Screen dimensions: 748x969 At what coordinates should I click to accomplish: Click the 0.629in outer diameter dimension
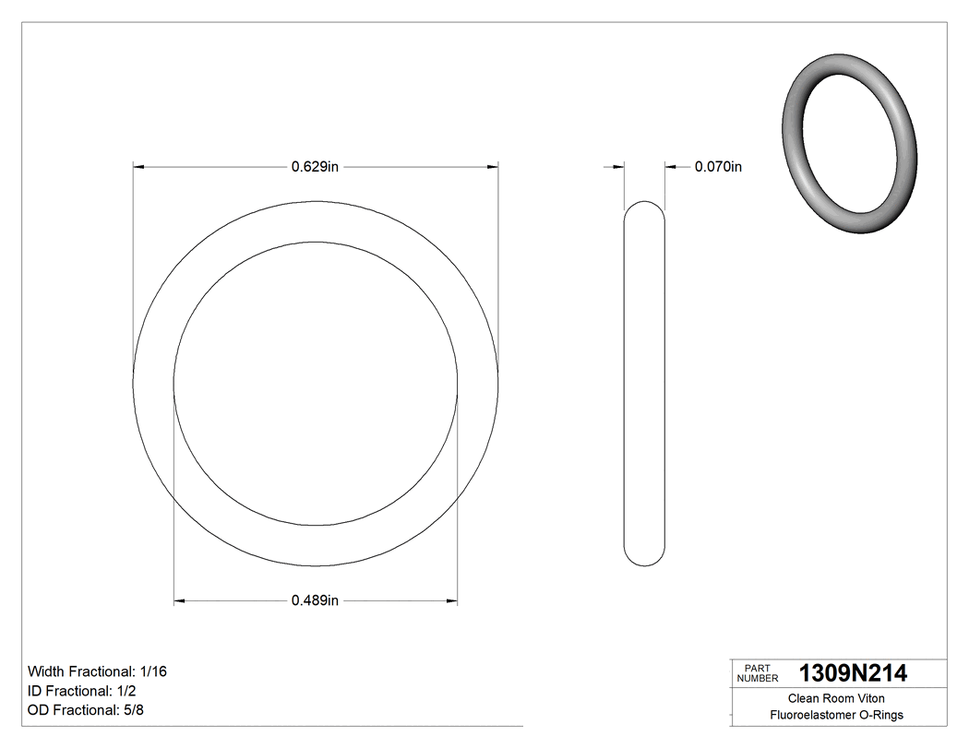[x=316, y=167]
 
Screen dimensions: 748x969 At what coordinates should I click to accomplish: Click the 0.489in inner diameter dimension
[x=316, y=601]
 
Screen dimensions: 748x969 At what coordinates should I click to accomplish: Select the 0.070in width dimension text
[x=718, y=167]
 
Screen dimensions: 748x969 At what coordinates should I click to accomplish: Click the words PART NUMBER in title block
[x=757, y=673]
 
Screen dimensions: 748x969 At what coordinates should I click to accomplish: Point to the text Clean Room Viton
[x=836, y=698]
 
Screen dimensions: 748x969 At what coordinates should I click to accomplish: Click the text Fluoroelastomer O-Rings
[x=836, y=715]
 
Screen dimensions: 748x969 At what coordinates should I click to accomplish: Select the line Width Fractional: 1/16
[x=97, y=671]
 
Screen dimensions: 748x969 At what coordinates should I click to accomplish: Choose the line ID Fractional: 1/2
[x=84, y=691]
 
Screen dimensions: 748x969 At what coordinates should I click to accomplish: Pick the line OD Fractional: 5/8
[x=87, y=710]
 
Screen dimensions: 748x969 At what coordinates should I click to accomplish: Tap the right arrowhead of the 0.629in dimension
[x=493, y=167]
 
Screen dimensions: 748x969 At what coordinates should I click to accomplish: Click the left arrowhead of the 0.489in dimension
[x=180, y=601]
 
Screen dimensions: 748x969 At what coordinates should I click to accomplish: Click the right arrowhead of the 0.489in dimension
[x=452, y=601]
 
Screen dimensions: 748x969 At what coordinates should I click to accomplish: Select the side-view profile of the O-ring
[x=645, y=384]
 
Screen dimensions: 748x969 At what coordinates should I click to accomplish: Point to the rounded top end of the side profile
[x=645, y=207]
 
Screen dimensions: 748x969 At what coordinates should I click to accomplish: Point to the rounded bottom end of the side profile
[x=645, y=560]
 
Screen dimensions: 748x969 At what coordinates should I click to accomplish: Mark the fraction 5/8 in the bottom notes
[x=135, y=710]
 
